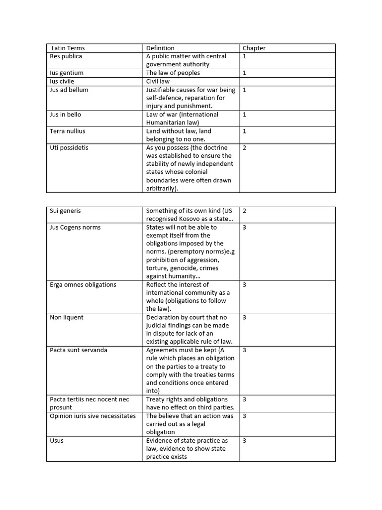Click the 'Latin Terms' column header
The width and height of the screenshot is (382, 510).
[x=69, y=48]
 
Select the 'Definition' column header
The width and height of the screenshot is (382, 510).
[x=160, y=48]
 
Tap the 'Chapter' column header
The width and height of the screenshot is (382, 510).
[x=254, y=48]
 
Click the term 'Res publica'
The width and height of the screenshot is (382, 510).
[x=66, y=56]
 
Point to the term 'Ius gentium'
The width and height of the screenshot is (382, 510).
[x=67, y=73]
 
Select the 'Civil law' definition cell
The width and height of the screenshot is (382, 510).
[x=158, y=81]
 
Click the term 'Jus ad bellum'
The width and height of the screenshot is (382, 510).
[x=69, y=90]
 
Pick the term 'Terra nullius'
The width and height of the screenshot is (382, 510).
[x=68, y=131]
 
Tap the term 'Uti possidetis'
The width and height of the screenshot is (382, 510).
[x=69, y=147]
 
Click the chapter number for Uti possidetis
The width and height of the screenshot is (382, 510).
[x=245, y=147]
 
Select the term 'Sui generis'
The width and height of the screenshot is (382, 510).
[x=65, y=211]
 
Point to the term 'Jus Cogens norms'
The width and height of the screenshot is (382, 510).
[x=75, y=227]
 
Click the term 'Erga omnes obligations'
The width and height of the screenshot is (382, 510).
[x=83, y=284]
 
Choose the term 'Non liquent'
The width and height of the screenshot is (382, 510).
[x=67, y=317]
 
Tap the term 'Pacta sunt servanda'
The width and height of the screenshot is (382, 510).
[x=79, y=350]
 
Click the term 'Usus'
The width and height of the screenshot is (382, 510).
[x=57, y=441]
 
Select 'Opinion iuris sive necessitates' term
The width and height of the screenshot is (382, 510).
[x=93, y=416]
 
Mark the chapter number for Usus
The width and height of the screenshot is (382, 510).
[x=245, y=441]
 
